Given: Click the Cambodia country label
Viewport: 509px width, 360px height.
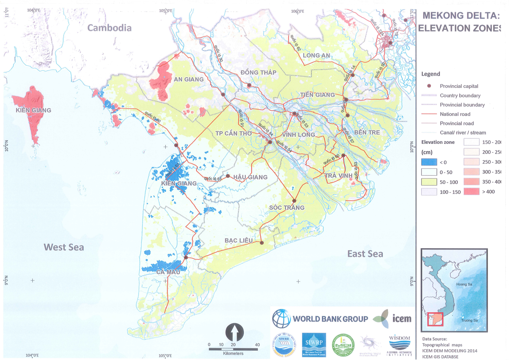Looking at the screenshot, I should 109,28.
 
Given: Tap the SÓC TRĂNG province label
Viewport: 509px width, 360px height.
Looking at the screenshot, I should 287,208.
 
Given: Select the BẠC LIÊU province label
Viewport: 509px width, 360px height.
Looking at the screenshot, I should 238,240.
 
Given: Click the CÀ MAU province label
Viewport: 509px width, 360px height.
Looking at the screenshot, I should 168,272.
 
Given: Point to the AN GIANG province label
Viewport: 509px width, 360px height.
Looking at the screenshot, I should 189,80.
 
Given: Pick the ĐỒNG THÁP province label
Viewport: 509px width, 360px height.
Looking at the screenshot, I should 258,73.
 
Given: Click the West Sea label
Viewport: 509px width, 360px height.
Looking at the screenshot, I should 64,247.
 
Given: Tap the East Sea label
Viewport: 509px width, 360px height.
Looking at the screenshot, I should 365,254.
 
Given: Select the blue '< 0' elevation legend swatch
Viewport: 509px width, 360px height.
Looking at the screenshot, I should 429,162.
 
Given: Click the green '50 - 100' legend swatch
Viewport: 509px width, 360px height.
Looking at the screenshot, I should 429,182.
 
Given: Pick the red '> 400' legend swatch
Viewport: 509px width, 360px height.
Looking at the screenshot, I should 471,192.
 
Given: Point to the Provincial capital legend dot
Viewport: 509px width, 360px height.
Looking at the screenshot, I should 429,86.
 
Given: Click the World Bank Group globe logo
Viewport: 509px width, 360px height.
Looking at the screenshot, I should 281,319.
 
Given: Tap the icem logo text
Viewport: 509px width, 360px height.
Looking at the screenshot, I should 402,319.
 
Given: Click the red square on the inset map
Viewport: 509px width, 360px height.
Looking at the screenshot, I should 435,319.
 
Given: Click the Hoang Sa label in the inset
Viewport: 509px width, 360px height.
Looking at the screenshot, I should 464,284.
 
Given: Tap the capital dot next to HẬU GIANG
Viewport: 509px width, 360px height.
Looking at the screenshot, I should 228,176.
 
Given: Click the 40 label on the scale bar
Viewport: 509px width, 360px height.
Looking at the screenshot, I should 257,345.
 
